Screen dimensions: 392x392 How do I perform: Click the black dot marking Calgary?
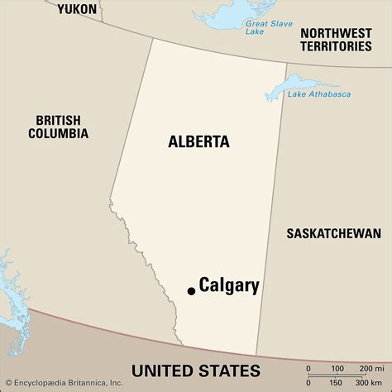[191, 290]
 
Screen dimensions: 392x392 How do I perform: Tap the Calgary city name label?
[229, 286]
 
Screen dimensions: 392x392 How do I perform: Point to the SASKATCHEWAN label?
[333, 233]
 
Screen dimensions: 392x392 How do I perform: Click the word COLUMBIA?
[58, 133]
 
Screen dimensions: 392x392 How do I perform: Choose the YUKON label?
[77, 10]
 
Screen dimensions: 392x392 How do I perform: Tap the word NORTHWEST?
[335, 32]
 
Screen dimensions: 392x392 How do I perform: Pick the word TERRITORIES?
[335, 47]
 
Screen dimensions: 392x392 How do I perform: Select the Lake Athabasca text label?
[319, 94]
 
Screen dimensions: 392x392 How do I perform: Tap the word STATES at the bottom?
[229, 370]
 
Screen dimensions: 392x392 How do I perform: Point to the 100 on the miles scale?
[337, 367]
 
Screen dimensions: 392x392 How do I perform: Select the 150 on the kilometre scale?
[337, 384]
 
